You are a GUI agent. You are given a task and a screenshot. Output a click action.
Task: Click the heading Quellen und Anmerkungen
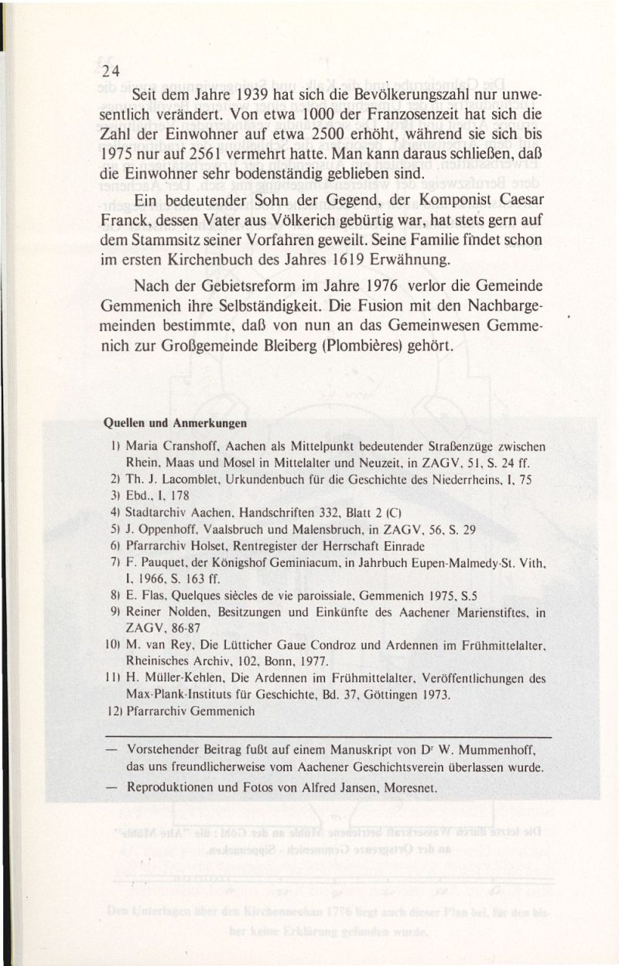(175, 423)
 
